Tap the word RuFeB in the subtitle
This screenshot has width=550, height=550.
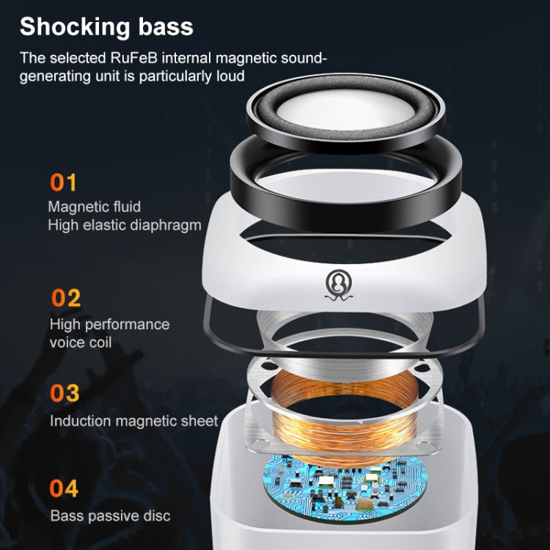pos(148,57)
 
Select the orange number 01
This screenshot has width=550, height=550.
pos(63,182)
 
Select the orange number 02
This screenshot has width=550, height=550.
pos(66,298)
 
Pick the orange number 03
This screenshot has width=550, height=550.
pos(65,393)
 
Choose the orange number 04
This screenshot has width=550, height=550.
pos(65,488)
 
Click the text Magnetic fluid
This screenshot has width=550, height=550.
pos(94,207)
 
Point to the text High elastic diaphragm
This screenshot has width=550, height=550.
pos(124,225)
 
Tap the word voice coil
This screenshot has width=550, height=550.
pos(81,342)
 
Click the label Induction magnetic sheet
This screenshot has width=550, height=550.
pos(133,421)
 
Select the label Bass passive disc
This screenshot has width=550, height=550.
pos(110,516)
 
